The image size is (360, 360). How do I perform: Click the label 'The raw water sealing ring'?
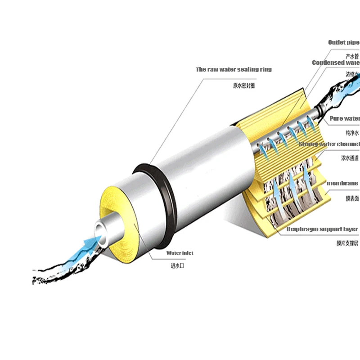[234, 69]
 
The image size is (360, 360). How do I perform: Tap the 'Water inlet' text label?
[180, 253]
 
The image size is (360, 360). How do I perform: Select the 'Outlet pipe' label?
[344, 42]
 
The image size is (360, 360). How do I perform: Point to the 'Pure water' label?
[345, 118]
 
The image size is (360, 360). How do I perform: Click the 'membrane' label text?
[342, 183]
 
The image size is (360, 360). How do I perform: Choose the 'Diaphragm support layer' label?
[323, 229]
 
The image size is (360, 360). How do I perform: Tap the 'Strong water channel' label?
[329, 144]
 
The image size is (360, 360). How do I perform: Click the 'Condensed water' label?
[336, 63]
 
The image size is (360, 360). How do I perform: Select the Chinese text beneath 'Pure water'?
[352, 133]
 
